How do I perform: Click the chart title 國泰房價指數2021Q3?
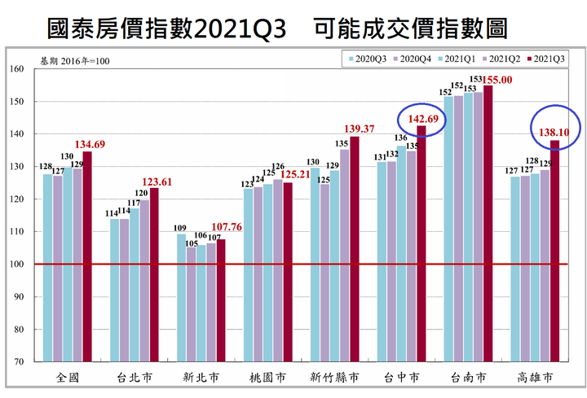click(167, 28)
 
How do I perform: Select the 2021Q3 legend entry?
click(548, 59)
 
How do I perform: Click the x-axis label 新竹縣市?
click(334, 378)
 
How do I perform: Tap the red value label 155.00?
click(497, 80)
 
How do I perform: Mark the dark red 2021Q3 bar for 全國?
click(87, 256)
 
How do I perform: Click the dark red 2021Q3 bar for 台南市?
click(488, 224)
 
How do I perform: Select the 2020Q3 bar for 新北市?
click(182, 298)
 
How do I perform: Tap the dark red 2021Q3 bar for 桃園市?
click(287, 272)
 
